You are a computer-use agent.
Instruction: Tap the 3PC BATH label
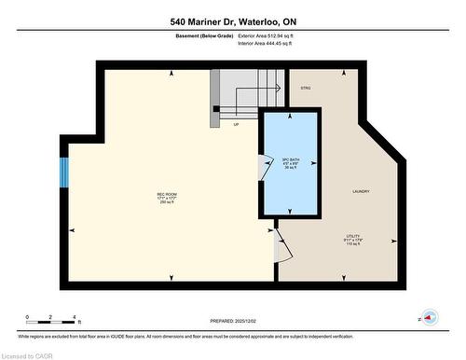coord(290,158)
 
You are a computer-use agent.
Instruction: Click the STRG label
coord(305,88)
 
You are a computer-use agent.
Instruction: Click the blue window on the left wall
coord(64,172)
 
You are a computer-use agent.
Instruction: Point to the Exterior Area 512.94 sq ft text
coord(271,35)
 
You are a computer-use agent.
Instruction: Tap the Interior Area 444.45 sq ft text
coord(271,43)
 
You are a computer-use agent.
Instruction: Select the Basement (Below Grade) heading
coord(204,35)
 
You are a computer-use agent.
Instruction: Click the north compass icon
coord(429,317)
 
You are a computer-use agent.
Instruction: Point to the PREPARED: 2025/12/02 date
coord(233,320)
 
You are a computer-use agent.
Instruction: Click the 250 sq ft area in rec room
coord(168,202)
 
